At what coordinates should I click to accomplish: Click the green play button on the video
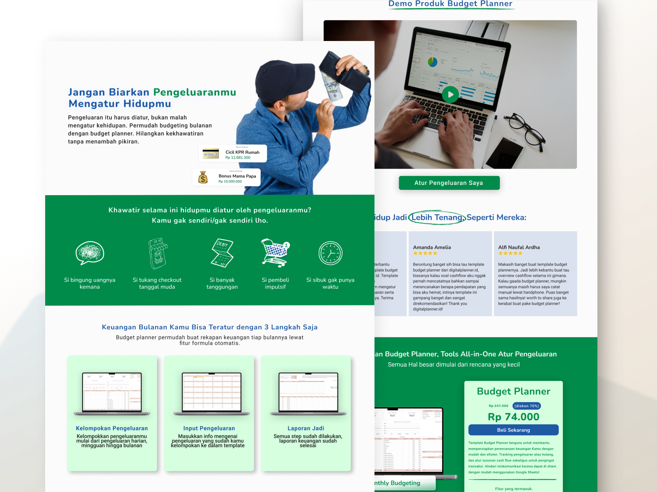[450, 95]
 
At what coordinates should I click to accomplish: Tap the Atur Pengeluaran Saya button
[449, 183]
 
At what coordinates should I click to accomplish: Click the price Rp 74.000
[513, 417]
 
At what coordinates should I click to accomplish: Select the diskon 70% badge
[526, 406]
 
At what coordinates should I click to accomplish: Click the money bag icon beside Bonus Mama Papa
[203, 177]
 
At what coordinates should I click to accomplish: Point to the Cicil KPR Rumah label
[242, 152]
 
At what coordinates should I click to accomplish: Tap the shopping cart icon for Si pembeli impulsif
[275, 253]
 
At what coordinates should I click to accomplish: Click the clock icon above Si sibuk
[330, 253]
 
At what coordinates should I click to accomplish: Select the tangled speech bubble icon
[90, 253]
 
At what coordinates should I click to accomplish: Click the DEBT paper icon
[222, 253]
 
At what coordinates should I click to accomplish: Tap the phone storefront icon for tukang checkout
[158, 253]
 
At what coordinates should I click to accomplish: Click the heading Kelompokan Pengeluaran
[112, 428]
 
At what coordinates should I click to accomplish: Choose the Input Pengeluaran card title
[209, 428]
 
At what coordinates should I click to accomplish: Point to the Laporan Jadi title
[306, 428]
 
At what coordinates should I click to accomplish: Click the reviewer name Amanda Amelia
[432, 247]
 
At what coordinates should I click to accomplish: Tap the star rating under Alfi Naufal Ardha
[510, 253]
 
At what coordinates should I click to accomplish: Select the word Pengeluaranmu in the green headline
[195, 92]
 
